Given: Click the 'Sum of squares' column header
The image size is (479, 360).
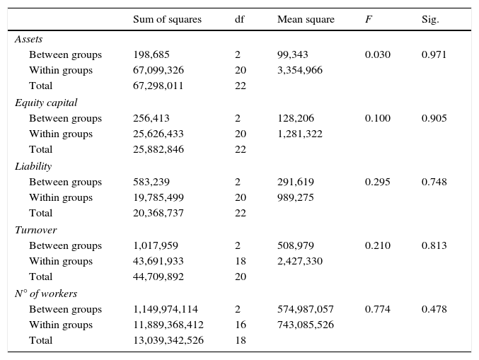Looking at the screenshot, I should coord(167,20).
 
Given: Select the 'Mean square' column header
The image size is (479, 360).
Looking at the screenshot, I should coord(306,20).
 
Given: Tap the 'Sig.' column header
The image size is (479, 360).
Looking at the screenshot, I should coord(430,20).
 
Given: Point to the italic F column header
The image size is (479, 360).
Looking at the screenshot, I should coord(368,20).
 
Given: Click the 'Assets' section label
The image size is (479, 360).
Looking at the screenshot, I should coord(28,39).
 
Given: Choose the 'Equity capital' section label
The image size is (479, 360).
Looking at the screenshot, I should coord(46,103).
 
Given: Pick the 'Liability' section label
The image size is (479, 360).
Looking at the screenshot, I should coord(33,166).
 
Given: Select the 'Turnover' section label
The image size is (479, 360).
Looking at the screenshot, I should coord(35,230).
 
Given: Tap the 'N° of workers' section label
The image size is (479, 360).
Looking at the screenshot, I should coord(46,294).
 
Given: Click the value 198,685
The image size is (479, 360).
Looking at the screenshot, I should coord(151,54).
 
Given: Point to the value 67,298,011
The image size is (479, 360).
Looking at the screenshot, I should coord(158,86).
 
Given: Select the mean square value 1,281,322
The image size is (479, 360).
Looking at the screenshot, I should coord(300,134).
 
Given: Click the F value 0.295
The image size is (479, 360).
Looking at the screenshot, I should coord(377,182).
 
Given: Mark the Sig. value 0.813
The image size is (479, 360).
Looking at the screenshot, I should coord(434,245).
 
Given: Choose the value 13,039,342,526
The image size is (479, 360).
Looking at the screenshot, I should coord(168,340).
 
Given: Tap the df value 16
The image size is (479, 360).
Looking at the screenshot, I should coord(240,325).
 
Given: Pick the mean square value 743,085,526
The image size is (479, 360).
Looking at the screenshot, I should coord(306,325).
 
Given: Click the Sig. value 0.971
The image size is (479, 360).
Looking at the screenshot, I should coord(434,54).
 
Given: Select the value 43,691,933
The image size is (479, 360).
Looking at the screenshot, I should coord(158,261).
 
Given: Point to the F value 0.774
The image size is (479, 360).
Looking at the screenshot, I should coord(377,309).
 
